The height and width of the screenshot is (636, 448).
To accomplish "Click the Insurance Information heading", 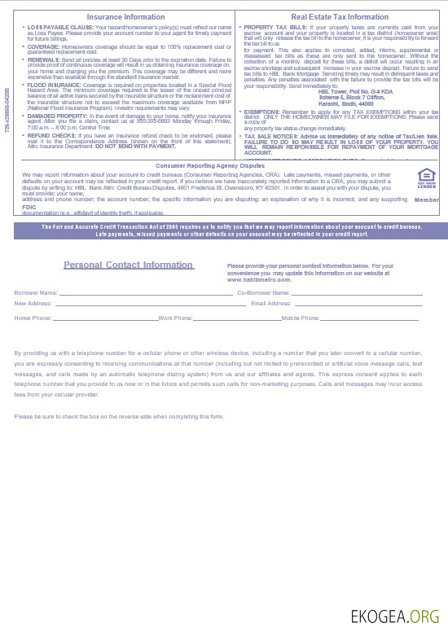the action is (x=120, y=16).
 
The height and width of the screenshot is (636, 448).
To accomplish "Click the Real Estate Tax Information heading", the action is (x=340, y=16).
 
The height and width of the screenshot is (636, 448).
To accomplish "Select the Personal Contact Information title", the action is (x=129, y=265).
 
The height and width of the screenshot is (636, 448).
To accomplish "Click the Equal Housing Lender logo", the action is (x=426, y=177).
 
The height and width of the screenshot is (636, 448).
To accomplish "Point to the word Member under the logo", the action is (x=426, y=199).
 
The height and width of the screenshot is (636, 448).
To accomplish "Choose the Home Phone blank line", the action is (x=105, y=318).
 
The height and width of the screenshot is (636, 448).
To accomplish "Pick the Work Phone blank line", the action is (x=236, y=318).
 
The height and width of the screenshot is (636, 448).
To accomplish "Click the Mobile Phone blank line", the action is (x=371, y=318).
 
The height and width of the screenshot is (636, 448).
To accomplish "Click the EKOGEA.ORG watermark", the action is (x=394, y=616).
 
